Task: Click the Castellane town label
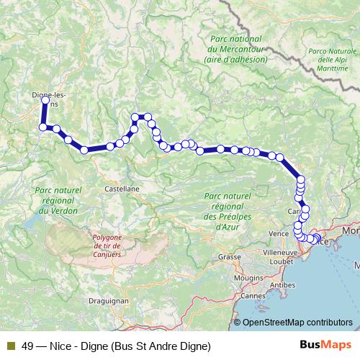(122, 188)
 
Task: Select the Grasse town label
(230, 257)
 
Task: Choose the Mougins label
(248, 276)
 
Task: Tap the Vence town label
(278, 234)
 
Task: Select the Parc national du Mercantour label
(235, 49)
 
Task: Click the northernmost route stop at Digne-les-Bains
(45, 100)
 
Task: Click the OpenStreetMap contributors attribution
(297, 323)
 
